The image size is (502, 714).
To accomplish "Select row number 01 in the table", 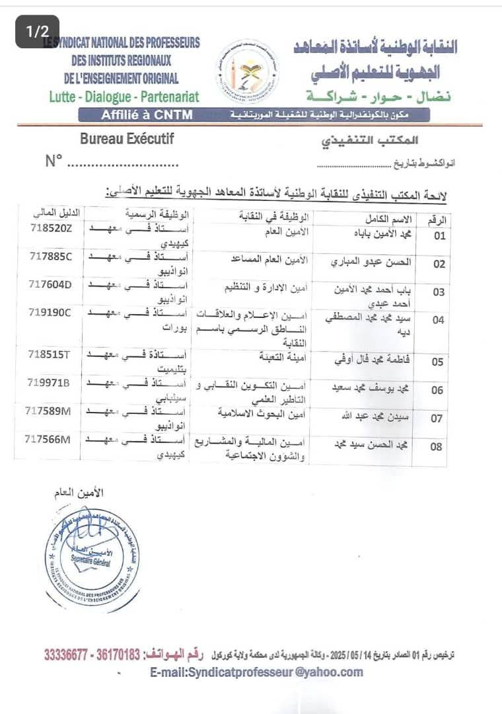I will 439,235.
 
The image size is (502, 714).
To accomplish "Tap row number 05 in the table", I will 438,362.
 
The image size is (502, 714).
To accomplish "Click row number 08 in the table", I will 437,446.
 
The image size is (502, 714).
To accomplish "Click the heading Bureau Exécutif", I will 127,139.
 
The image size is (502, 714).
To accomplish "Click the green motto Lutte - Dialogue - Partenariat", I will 124,97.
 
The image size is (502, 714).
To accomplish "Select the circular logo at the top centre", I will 248,71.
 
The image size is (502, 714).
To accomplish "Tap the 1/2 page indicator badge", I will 38,31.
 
